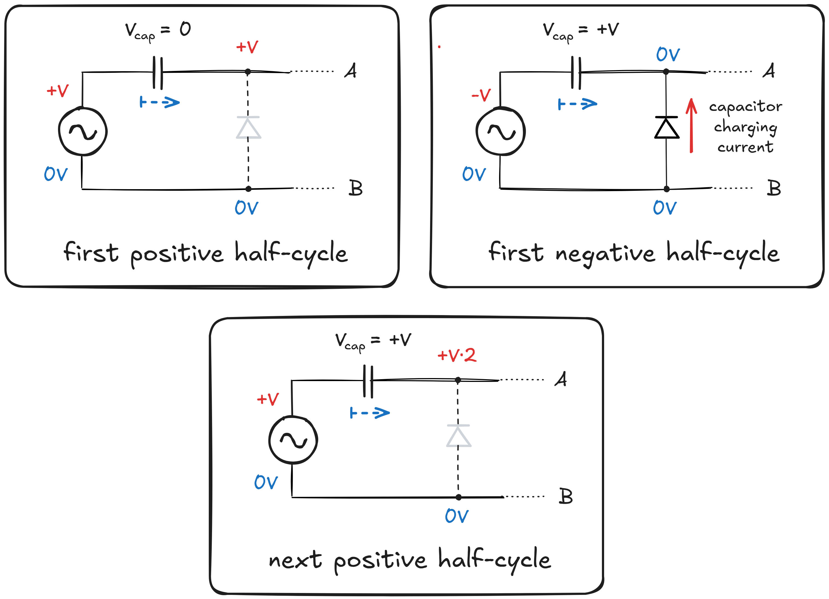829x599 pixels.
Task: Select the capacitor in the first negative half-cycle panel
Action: (576, 73)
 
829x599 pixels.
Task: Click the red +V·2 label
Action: (457, 355)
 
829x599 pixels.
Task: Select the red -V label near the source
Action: (481, 95)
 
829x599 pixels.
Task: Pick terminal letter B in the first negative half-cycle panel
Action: (774, 188)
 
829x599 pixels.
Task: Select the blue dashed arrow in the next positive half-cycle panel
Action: (370, 413)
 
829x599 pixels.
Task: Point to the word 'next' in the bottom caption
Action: (295, 560)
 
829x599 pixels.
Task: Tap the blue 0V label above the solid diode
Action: (668, 54)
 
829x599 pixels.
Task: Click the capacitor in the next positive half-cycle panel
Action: (368, 381)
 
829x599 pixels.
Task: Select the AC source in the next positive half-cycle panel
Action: (293, 440)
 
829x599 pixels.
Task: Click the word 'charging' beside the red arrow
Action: (745, 127)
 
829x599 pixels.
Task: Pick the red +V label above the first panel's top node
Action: (247, 47)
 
